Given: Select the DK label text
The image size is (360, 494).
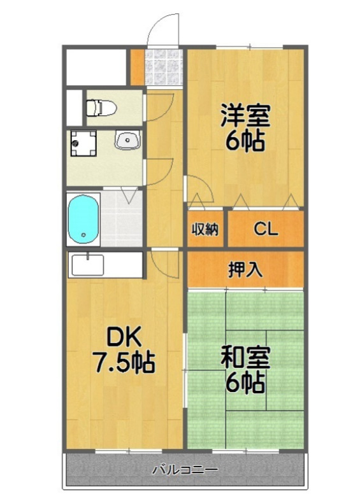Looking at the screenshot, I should click(x=122, y=337).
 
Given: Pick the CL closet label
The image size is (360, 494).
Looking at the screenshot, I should click(x=266, y=229).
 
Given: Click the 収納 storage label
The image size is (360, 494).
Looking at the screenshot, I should click(x=205, y=229).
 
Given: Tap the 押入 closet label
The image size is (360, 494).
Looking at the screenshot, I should click(x=245, y=269).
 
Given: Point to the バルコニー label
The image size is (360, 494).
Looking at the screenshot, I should click(x=185, y=470).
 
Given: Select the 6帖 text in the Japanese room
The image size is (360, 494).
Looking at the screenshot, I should click(x=245, y=383).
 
